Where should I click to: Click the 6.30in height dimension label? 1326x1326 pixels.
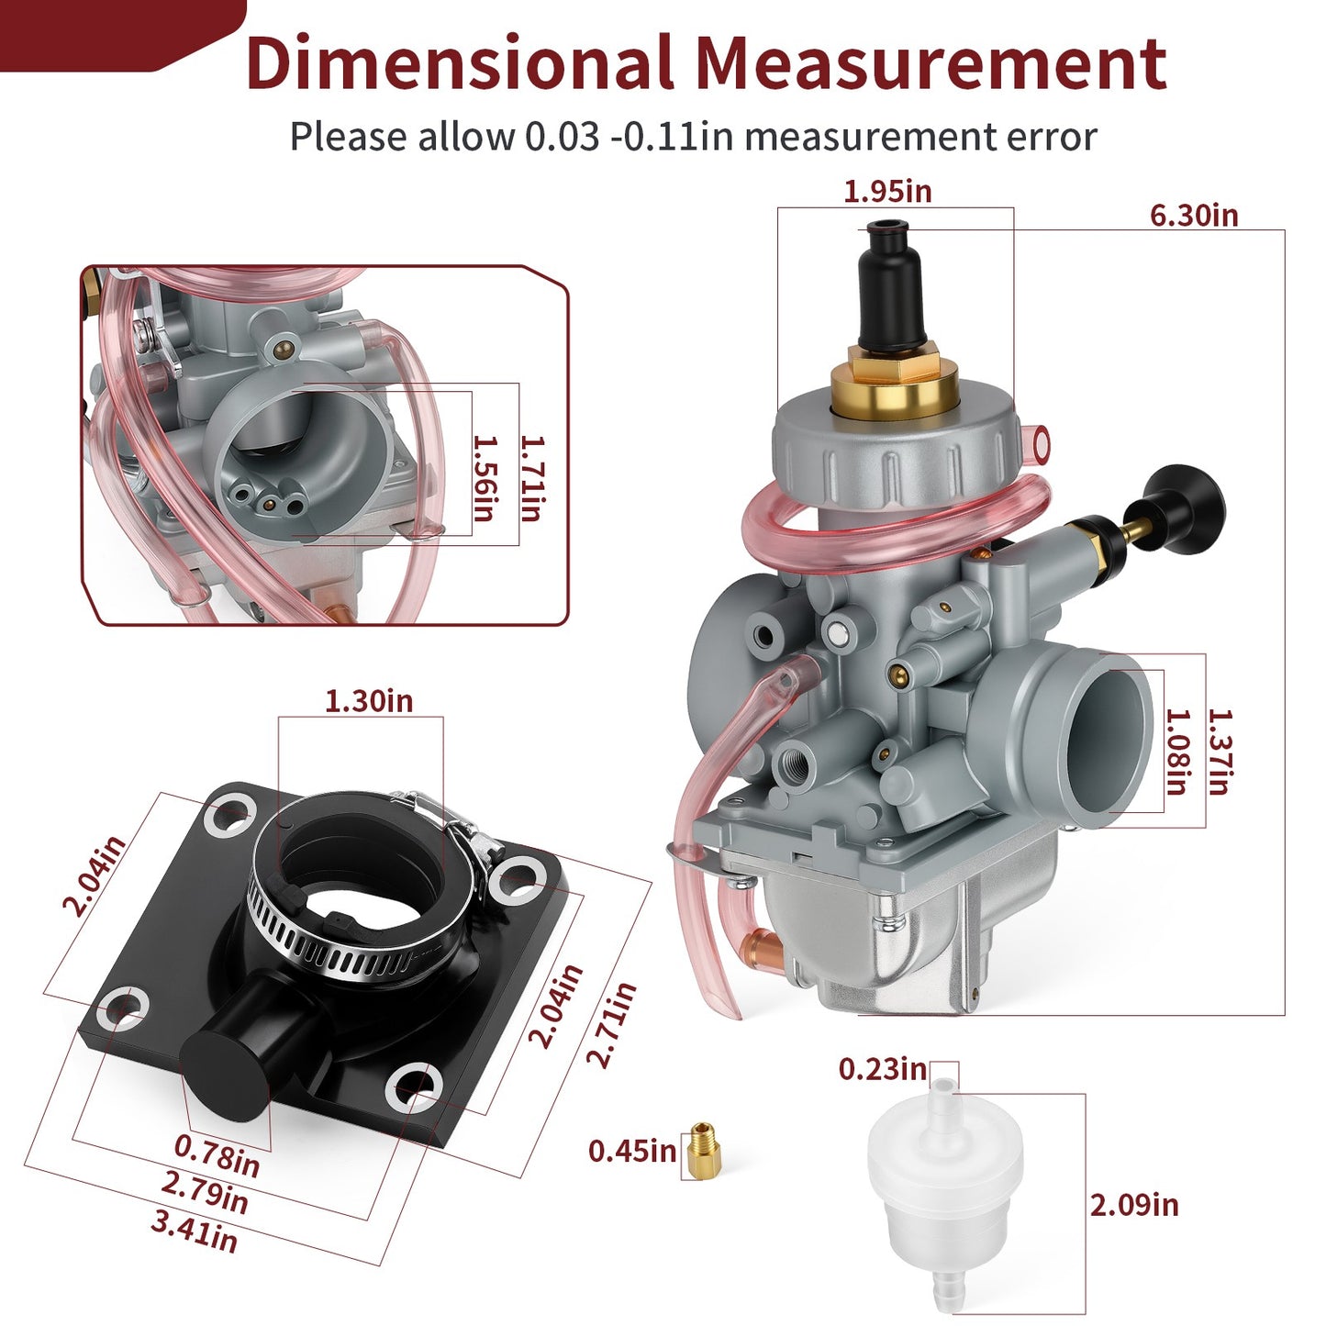(1193, 216)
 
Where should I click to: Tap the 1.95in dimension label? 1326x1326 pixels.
(887, 192)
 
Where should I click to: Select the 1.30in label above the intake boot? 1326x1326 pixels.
(369, 701)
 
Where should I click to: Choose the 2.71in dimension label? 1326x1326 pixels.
(611, 1024)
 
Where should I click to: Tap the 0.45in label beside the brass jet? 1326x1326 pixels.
(632, 1151)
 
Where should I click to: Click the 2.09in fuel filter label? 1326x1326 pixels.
(1134, 1204)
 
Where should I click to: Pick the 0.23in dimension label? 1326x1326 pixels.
(883, 1069)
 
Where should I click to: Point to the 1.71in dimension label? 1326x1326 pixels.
(531, 479)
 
